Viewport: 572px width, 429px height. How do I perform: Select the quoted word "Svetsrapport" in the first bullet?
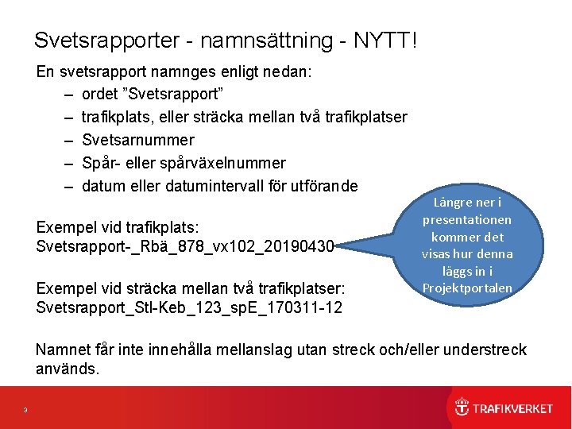pos(177,95)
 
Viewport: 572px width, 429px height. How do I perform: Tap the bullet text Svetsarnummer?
pos(138,140)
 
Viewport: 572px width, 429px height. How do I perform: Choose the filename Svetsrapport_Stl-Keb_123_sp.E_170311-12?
pos(189,307)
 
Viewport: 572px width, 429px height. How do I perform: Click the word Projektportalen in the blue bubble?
pos(467,288)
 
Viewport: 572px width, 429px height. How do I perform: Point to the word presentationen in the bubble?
pos(467,219)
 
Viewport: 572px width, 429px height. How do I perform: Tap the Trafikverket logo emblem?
pos(462,408)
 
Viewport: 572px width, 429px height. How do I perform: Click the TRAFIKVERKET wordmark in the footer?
pos(512,408)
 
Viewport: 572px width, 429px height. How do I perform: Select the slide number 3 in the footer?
pos(25,410)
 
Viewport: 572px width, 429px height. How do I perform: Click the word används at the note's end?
pos(69,369)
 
